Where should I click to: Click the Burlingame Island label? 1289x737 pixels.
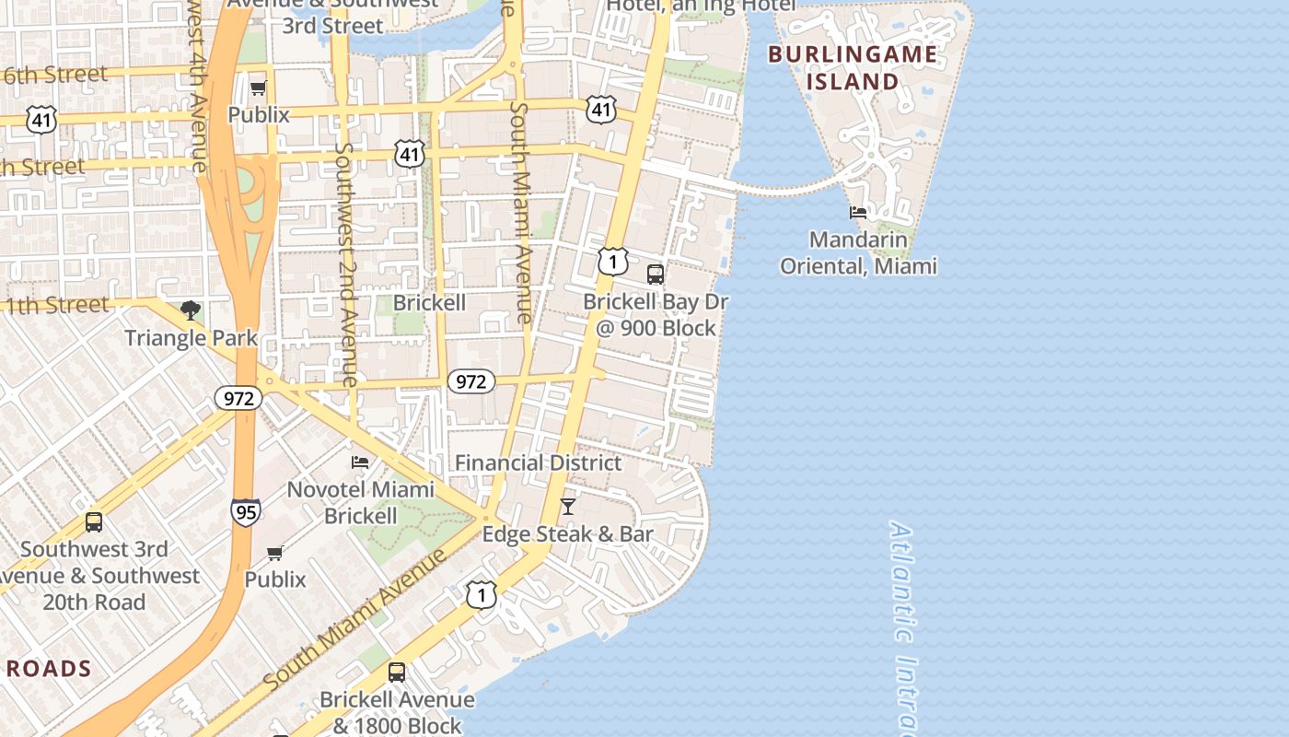pyautogui.click(x=853, y=67)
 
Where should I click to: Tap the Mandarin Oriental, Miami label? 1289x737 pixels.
pyautogui.click(x=858, y=253)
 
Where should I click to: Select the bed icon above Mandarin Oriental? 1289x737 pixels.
pyautogui.click(x=858, y=213)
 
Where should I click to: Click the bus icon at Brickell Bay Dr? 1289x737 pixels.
pyautogui.click(x=656, y=274)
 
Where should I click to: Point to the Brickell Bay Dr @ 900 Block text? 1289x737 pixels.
pyautogui.click(x=655, y=314)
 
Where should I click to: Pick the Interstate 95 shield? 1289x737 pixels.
pyautogui.click(x=245, y=511)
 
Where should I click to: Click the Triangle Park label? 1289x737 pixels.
pyautogui.click(x=192, y=337)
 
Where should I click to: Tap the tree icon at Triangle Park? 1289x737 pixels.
pyautogui.click(x=191, y=310)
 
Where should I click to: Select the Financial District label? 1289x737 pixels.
pyautogui.click(x=539, y=462)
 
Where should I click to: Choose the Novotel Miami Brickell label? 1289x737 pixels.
pyautogui.click(x=361, y=502)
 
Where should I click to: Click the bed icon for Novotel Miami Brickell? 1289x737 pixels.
pyautogui.click(x=360, y=462)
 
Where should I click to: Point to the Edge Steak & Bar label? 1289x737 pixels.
pyautogui.click(x=568, y=534)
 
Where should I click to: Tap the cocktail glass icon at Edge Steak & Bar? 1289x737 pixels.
pyautogui.click(x=568, y=507)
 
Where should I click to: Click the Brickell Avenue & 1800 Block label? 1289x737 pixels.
pyautogui.click(x=397, y=712)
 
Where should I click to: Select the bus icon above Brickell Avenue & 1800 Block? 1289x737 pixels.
pyautogui.click(x=397, y=673)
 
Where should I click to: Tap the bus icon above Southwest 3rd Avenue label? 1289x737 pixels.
pyautogui.click(x=93, y=522)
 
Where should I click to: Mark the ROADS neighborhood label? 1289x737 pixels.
pyautogui.click(x=49, y=669)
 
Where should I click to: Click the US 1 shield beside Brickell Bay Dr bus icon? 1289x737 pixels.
pyautogui.click(x=612, y=262)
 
